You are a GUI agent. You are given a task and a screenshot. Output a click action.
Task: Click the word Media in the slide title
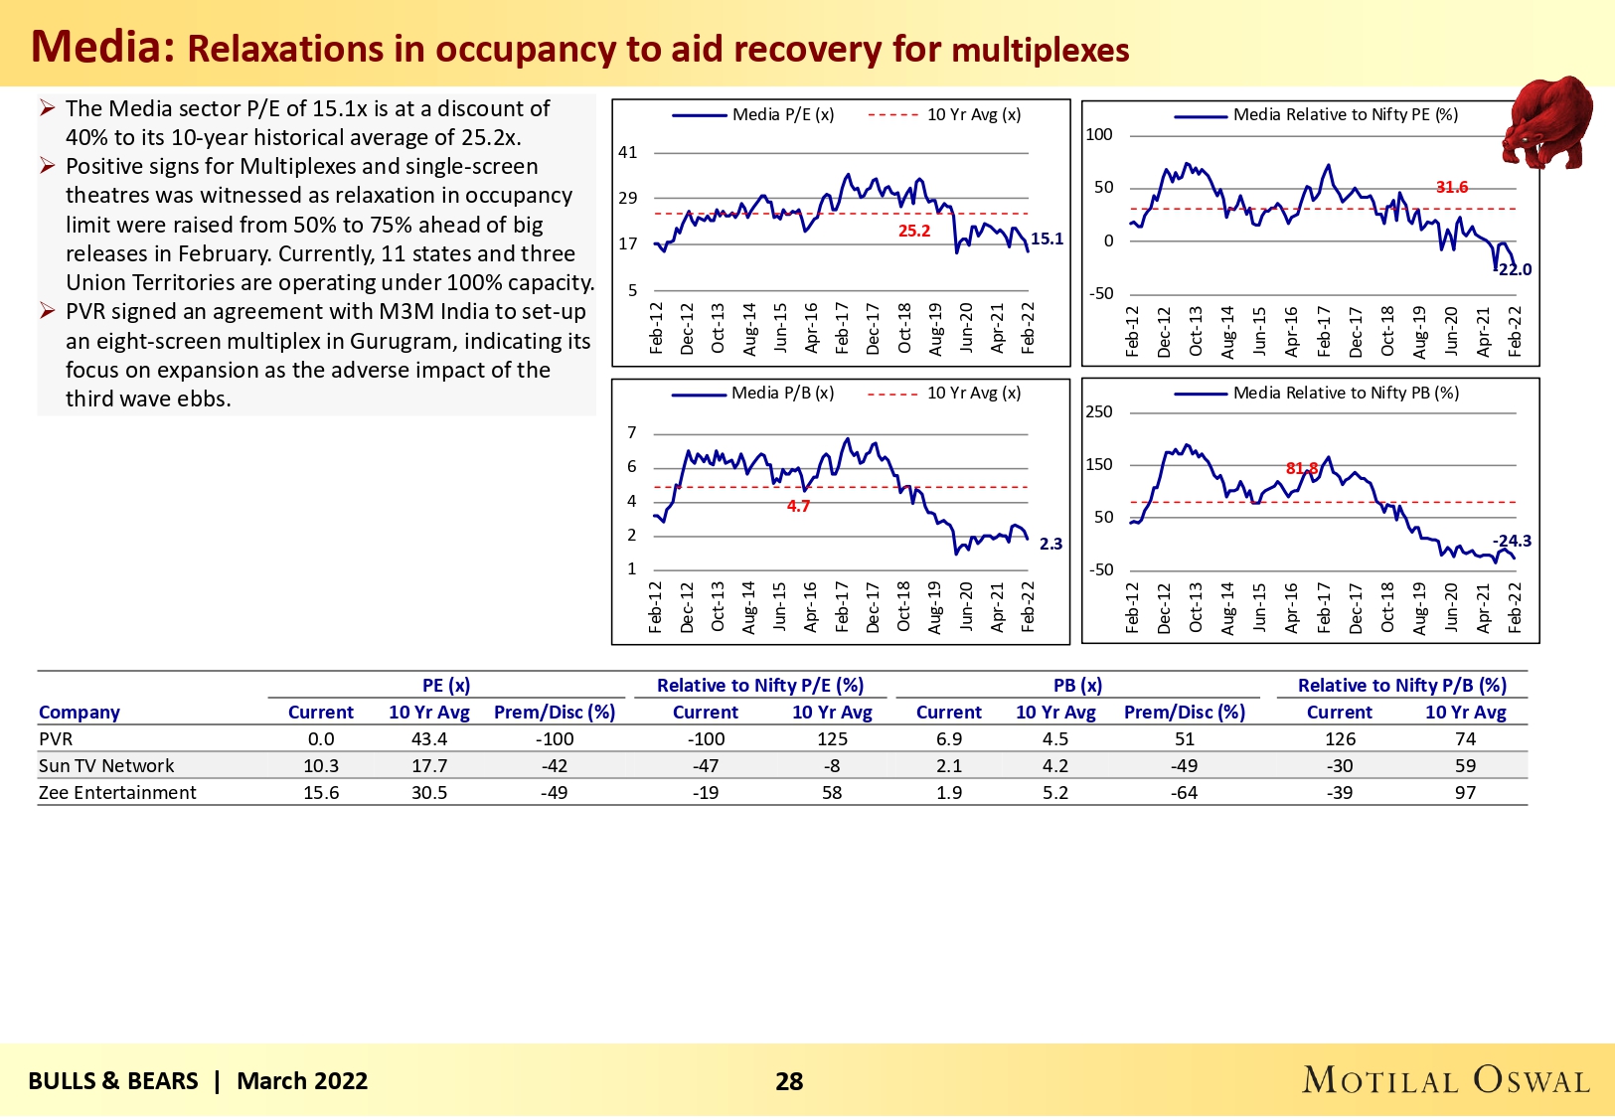tap(102, 47)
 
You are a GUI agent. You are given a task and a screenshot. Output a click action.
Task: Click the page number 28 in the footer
tap(789, 1081)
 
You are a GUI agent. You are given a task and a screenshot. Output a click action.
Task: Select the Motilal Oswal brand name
tap(1446, 1080)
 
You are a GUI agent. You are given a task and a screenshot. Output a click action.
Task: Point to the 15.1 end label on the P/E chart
tap(1047, 239)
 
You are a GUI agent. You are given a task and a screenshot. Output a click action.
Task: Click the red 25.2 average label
tap(914, 231)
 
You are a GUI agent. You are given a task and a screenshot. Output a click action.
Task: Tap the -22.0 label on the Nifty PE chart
tap(1516, 269)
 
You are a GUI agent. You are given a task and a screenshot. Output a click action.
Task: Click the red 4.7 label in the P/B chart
tap(798, 506)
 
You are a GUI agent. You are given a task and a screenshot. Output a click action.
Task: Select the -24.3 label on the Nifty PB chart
tap(1513, 541)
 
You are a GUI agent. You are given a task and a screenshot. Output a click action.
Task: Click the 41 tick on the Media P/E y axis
tap(628, 152)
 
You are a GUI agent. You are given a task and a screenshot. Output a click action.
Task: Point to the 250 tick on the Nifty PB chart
tap(1099, 411)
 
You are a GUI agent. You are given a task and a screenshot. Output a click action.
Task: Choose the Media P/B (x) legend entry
tap(782, 393)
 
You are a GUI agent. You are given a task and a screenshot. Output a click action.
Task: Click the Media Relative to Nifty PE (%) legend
tap(1345, 114)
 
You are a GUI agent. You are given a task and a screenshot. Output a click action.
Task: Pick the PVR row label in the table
tap(56, 738)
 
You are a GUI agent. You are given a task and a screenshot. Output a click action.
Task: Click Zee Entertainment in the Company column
tap(117, 792)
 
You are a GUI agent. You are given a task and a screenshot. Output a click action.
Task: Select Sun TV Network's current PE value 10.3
tap(321, 765)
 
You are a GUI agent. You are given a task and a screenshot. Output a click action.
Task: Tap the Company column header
tap(80, 712)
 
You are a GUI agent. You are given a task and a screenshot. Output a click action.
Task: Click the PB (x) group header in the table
tap(1078, 685)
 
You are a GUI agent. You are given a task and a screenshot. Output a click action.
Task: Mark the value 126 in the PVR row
tap(1340, 738)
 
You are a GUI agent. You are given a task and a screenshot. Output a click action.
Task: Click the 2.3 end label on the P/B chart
tap(1050, 544)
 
